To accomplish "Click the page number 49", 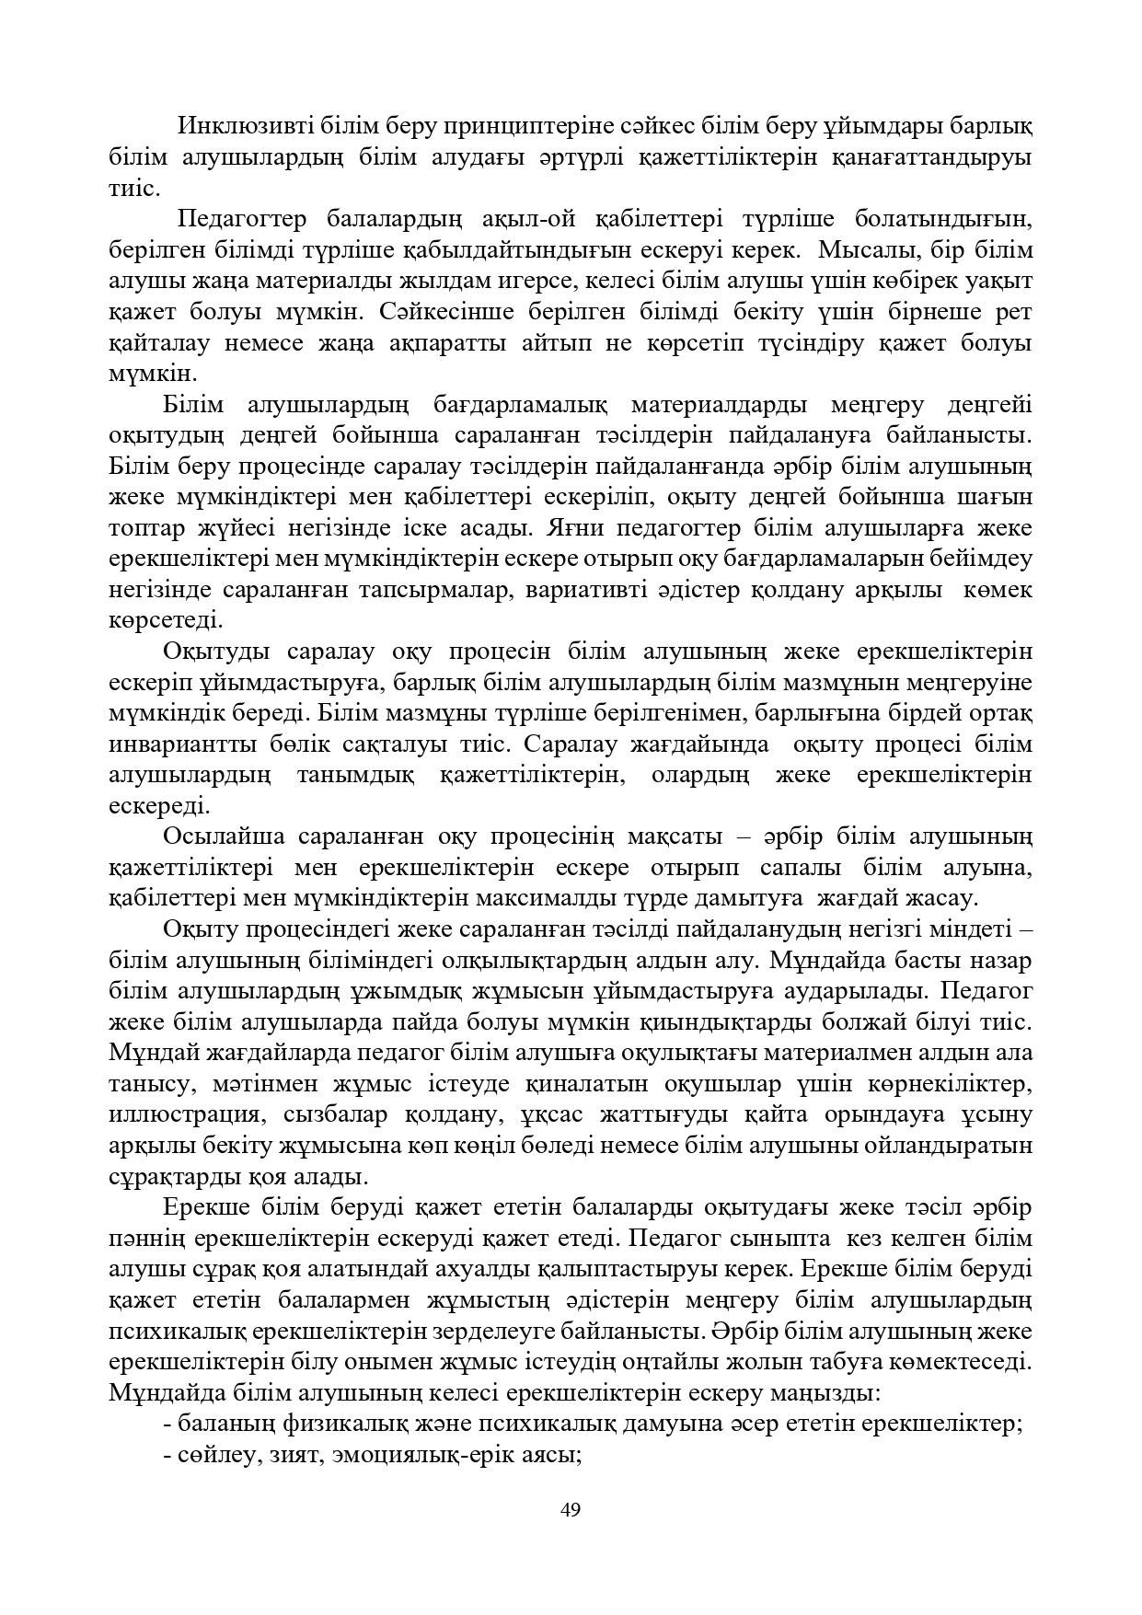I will coord(571,1510).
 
